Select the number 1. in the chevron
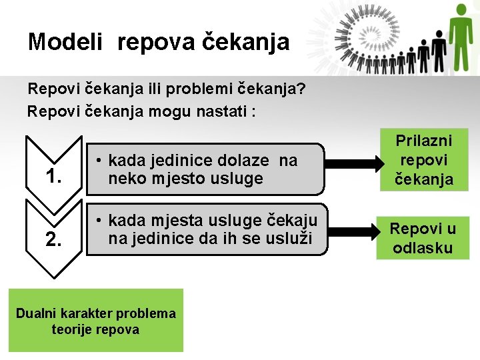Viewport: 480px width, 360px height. [54, 177]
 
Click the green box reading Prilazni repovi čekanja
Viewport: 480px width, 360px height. [424, 161]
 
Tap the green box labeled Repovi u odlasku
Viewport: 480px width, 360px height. [423, 238]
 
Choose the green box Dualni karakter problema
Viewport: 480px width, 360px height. [95, 321]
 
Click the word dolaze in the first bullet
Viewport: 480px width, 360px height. [239, 161]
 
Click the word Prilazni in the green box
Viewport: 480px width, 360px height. [424, 141]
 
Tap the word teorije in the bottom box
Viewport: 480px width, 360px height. [73, 329]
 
